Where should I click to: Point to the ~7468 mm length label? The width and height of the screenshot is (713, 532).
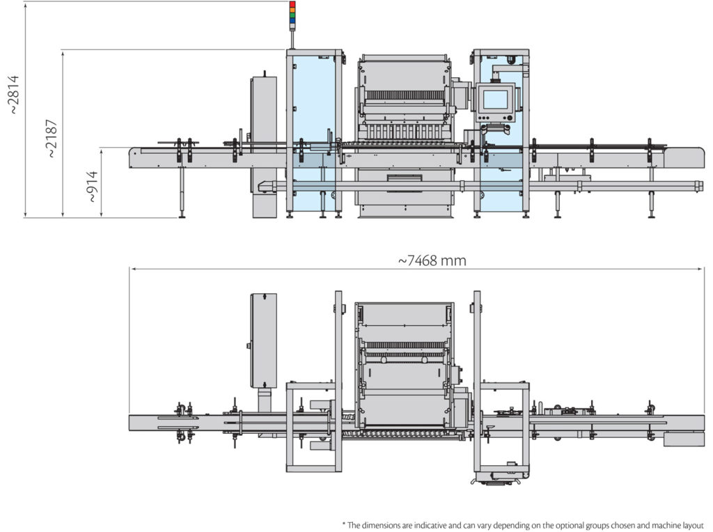(x=432, y=260)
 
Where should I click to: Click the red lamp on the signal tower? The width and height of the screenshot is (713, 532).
(x=292, y=5)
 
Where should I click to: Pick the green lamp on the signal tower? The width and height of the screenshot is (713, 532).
(x=292, y=15)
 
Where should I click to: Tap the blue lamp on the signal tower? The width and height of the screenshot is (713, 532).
(x=292, y=21)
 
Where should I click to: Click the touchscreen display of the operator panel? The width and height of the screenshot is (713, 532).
(x=495, y=100)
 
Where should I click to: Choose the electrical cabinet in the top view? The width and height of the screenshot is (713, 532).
(x=264, y=340)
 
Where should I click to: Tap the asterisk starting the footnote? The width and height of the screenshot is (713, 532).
(x=343, y=524)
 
